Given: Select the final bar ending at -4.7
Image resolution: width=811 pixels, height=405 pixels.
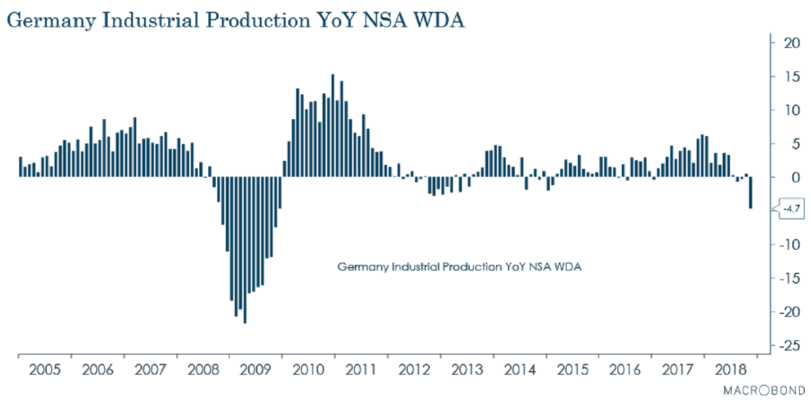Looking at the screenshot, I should (751, 193).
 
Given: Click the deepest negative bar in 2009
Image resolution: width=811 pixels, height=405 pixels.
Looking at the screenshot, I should (245, 250).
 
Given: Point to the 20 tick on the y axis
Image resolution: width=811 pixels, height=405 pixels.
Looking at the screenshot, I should (788, 43).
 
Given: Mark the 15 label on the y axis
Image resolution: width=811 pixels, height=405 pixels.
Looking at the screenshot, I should (788, 76).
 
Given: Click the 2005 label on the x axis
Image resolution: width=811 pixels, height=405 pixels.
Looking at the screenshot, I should (44, 371).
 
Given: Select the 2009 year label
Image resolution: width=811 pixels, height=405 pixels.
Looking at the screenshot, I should (256, 371).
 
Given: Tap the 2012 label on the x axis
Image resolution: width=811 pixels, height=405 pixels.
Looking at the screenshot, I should (414, 371).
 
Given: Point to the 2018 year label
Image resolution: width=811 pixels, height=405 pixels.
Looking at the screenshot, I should (730, 371).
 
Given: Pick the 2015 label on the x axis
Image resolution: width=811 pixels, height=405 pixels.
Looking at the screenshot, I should (572, 371).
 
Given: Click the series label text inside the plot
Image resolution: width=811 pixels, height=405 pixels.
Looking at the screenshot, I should (459, 267).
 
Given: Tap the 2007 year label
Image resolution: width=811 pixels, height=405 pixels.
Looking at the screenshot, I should (150, 371).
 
